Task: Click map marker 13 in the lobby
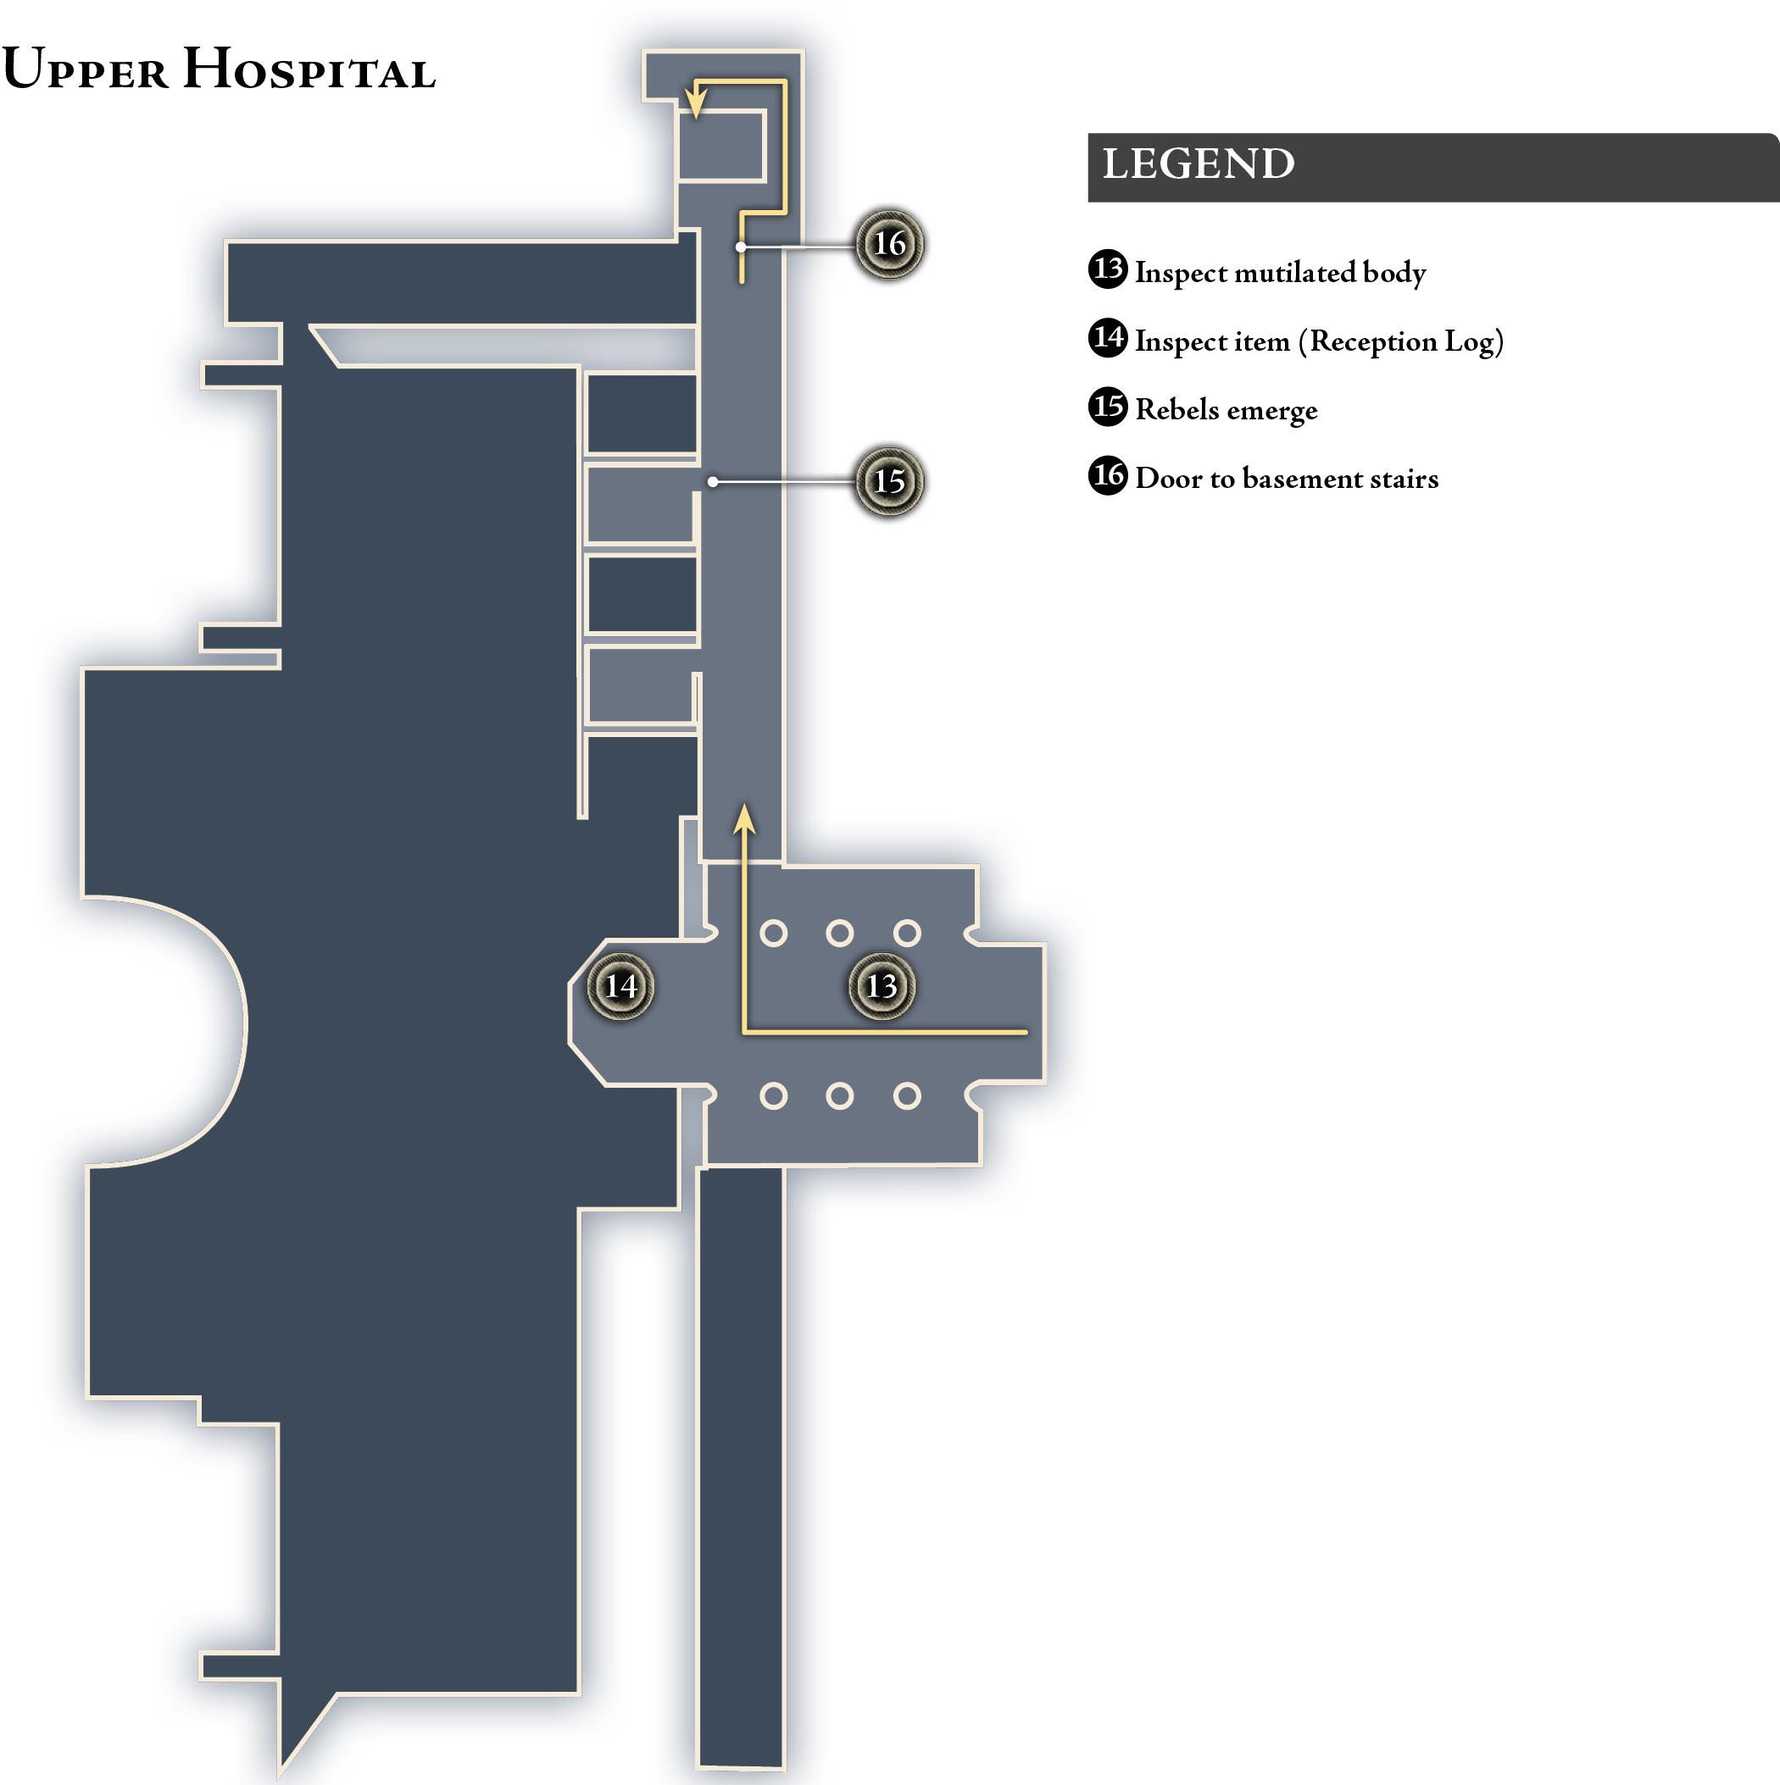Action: click(x=882, y=986)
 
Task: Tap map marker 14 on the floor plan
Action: click(x=621, y=986)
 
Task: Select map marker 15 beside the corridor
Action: click(x=889, y=481)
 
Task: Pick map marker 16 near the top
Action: click(x=889, y=244)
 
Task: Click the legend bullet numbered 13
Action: click(x=1108, y=269)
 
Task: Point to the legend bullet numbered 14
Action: click(x=1108, y=337)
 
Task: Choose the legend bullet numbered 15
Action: click(x=1108, y=407)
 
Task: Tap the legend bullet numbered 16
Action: click(x=1108, y=475)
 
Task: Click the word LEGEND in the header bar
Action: click(x=1199, y=164)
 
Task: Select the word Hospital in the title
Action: click(x=309, y=69)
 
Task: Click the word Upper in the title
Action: click(x=85, y=69)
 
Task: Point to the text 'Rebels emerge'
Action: click(x=1227, y=409)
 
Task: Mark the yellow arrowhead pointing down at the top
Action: click(x=696, y=103)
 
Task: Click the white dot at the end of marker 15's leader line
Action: click(x=713, y=481)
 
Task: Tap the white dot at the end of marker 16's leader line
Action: click(x=741, y=247)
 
